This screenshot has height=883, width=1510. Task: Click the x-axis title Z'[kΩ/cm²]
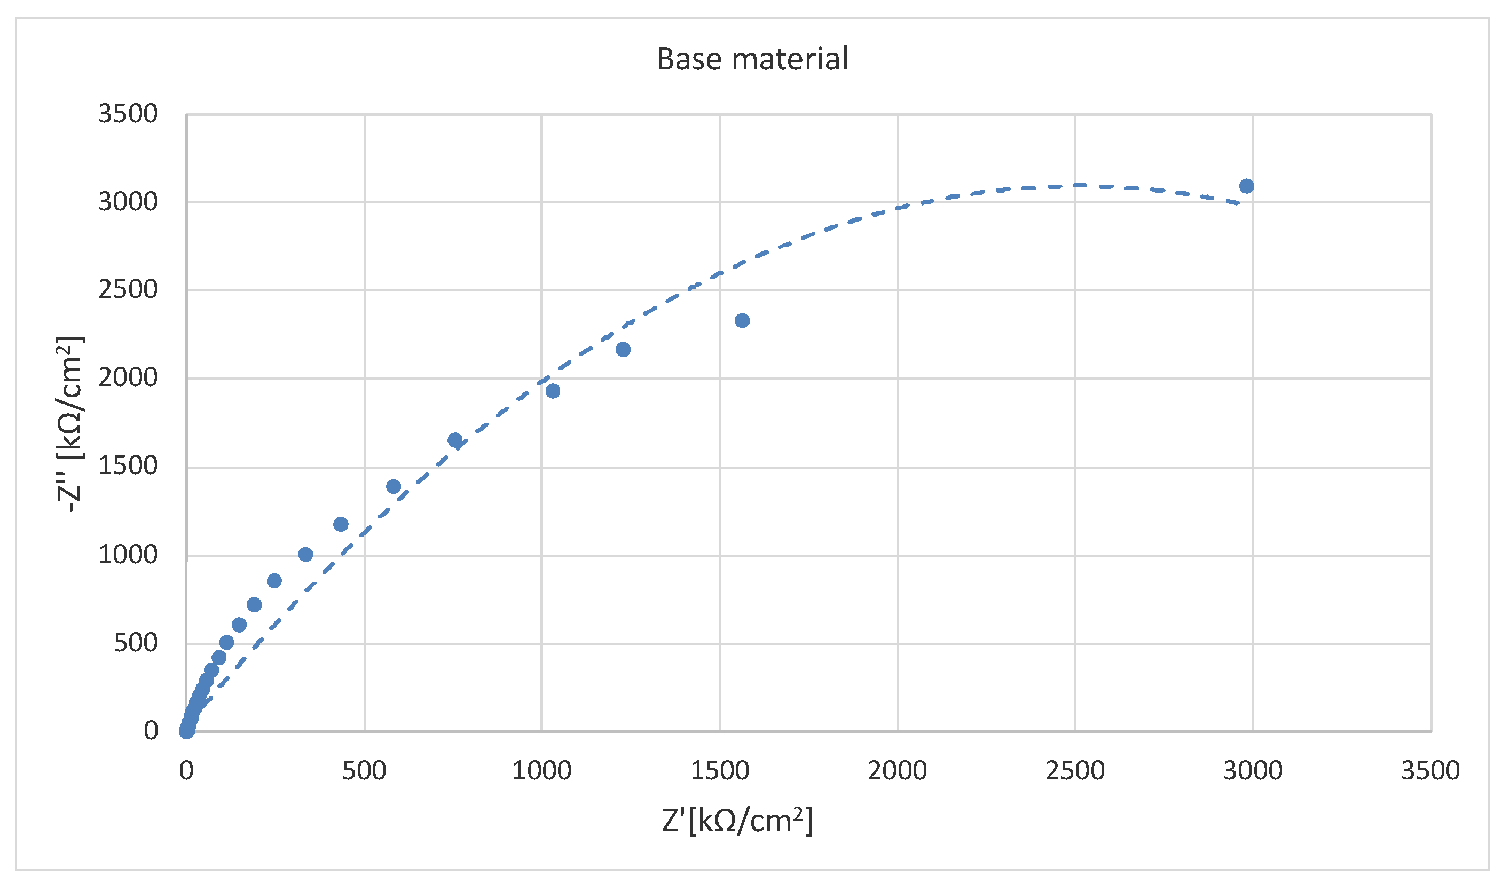tap(737, 820)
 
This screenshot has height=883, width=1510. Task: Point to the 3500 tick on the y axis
tap(128, 114)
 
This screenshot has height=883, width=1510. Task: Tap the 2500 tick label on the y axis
tap(128, 290)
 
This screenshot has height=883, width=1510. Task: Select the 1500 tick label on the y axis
tap(128, 466)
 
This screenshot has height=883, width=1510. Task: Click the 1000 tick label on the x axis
tap(541, 770)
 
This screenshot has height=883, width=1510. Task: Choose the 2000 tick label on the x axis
tap(897, 770)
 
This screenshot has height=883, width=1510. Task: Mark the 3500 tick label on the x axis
tap(1430, 770)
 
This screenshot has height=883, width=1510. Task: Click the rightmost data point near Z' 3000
tap(1246, 186)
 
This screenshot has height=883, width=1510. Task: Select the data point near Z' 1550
tap(742, 320)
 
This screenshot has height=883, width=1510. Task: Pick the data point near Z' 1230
tap(623, 350)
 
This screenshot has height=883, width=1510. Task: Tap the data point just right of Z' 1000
tap(553, 391)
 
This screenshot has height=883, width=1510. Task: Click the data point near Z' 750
tap(455, 440)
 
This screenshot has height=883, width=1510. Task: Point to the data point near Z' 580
tap(393, 486)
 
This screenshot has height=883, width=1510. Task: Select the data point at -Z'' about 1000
tap(305, 555)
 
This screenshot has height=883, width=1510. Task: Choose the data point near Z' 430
tap(340, 525)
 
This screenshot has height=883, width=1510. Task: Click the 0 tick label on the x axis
tap(186, 770)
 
